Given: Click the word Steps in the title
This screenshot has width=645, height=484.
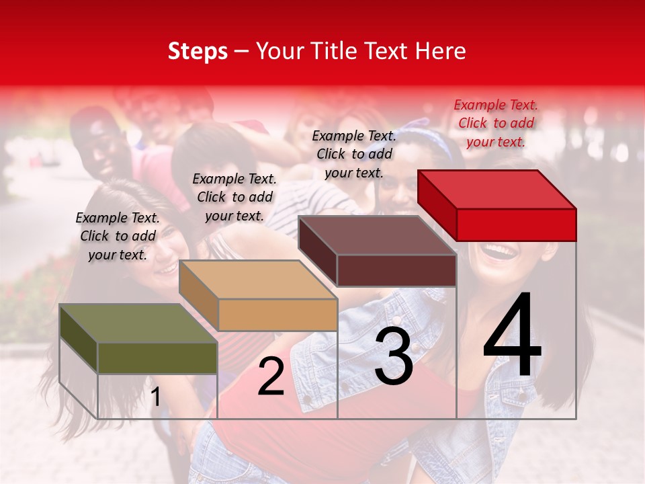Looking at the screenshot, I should tap(198, 51).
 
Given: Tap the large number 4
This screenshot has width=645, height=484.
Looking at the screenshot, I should tap(512, 336).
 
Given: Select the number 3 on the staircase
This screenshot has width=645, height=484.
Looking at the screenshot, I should tap(394, 356).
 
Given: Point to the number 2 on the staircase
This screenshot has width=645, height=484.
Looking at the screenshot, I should tap(271, 377).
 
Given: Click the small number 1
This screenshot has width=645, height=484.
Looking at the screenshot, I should tap(156, 397).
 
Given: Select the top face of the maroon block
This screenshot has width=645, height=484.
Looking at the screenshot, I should tap(377, 235).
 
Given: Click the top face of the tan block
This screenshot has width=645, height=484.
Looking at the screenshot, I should tap(258, 280).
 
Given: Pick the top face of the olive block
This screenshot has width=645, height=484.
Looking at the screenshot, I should tap(138, 323).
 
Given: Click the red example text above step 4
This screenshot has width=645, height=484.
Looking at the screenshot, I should tap(496, 123).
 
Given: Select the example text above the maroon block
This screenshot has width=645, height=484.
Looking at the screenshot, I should tap(354, 154).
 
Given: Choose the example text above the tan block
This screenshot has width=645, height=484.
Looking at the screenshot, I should tap(234, 197).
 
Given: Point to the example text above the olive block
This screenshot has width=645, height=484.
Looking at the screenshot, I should tap(118, 236).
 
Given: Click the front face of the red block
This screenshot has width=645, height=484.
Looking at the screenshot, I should tap(516, 225).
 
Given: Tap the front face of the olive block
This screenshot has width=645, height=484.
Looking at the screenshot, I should tap(157, 358).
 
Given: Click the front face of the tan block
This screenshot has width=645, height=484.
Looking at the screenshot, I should tap(277, 315).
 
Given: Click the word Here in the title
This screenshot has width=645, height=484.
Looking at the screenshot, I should tap(441, 51).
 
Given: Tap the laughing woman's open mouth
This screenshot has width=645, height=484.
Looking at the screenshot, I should tap(499, 253).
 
